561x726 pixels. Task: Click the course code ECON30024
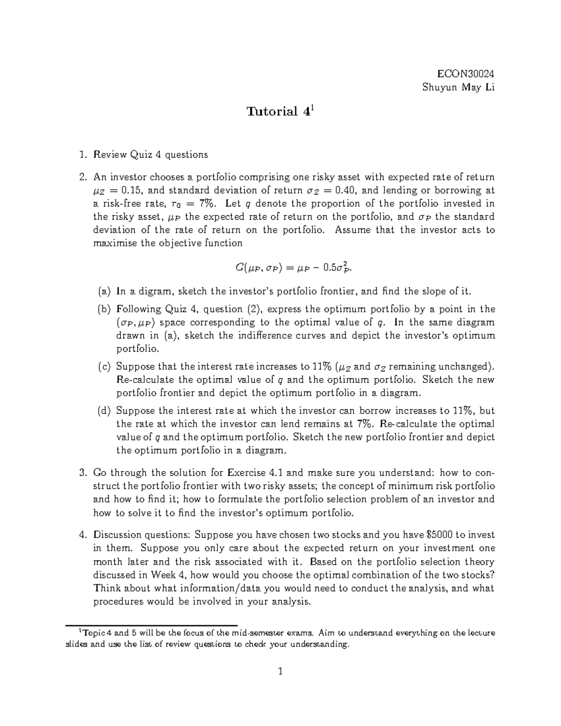tap(465, 74)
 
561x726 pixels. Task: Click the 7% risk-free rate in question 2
tap(205, 203)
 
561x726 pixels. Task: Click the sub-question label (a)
tap(104, 292)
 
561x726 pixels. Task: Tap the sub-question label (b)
tap(104, 309)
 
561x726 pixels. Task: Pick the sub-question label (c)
tap(104, 367)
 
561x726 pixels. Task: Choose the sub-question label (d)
tap(104, 411)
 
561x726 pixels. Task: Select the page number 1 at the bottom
tap(280, 672)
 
